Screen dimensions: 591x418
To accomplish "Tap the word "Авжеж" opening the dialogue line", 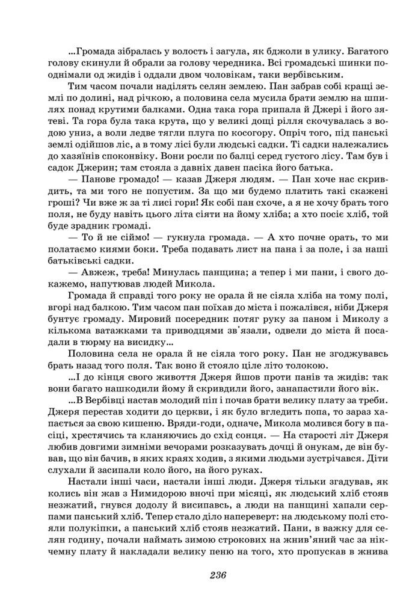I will coord(92,271).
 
